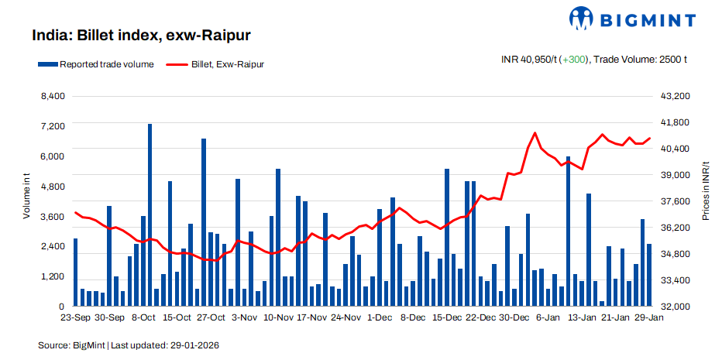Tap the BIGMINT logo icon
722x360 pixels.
point(583,18)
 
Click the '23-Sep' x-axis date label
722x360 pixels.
point(75,317)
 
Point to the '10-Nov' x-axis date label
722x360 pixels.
point(278,317)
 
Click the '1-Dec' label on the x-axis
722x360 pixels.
point(380,317)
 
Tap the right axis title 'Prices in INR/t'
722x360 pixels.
point(706,191)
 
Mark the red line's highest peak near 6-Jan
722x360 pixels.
point(535,133)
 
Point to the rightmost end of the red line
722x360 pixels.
point(649,139)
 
